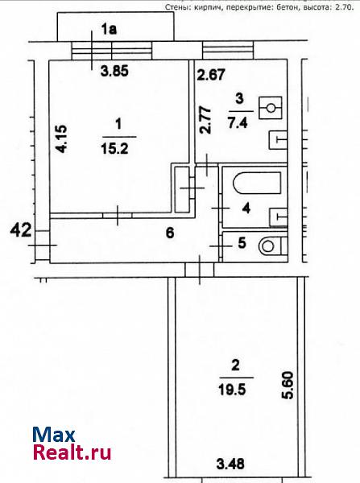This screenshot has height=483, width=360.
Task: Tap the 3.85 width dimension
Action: coord(114,72)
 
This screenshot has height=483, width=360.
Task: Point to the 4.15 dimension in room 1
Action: coord(60,138)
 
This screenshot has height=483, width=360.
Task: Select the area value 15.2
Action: coord(114,150)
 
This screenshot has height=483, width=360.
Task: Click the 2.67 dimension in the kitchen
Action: coord(211,75)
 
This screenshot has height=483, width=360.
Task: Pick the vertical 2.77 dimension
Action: coord(205,120)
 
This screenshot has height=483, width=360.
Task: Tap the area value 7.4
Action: coord(238,123)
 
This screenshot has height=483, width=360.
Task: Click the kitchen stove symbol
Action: coord(271,108)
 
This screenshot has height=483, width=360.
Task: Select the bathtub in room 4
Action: coord(257,184)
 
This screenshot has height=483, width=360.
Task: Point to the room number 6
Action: coord(170,233)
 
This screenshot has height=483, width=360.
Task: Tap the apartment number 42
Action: coord(21,230)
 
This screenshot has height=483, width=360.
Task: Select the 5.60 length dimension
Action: coord(288,386)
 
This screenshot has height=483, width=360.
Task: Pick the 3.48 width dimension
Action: coord(230,464)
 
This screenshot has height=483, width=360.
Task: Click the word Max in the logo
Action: coord(54,435)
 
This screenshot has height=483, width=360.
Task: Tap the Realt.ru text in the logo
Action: coord(72,452)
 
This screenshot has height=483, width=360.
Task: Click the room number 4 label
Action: coord(246,208)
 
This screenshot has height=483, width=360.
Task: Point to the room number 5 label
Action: coord(242,243)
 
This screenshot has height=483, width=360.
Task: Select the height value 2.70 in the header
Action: coord(344,7)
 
